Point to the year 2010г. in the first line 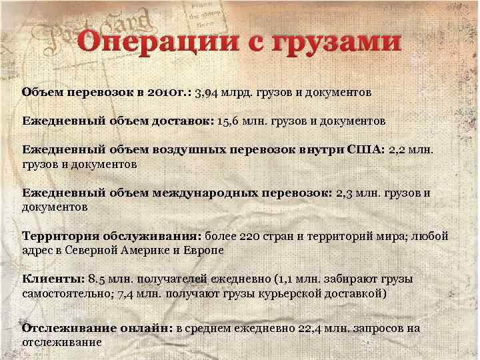point(166,91)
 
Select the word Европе point(204,251)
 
